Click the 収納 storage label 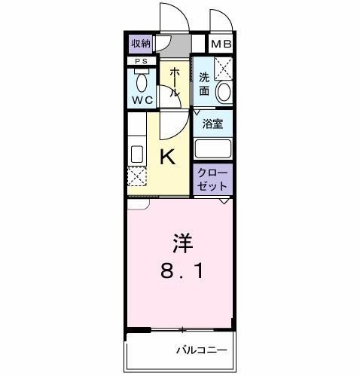tap(141, 44)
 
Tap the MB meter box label tap(221, 44)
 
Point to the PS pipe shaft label tap(141, 61)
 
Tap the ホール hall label tap(174, 82)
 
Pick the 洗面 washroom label tap(204, 83)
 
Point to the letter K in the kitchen tap(169, 157)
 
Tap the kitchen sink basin tap(137, 154)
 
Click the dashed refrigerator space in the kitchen tap(137, 178)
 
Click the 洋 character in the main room tap(181, 243)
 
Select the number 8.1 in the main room tap(181, 270)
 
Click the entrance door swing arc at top tap(172, 17)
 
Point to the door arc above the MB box tap(221, 21)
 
